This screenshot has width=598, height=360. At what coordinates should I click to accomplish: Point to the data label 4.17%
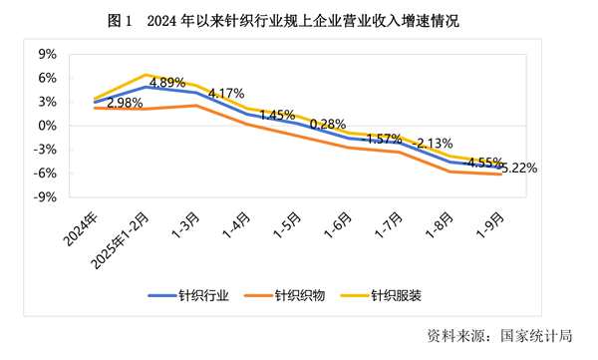tap(225, 94)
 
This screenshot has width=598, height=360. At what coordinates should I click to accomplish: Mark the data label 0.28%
tap(328, 125)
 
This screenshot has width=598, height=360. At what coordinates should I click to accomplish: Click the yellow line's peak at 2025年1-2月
tap(147, 75)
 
